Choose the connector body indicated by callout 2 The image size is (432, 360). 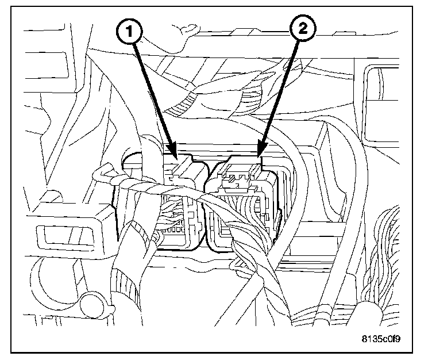click(244, 207)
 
